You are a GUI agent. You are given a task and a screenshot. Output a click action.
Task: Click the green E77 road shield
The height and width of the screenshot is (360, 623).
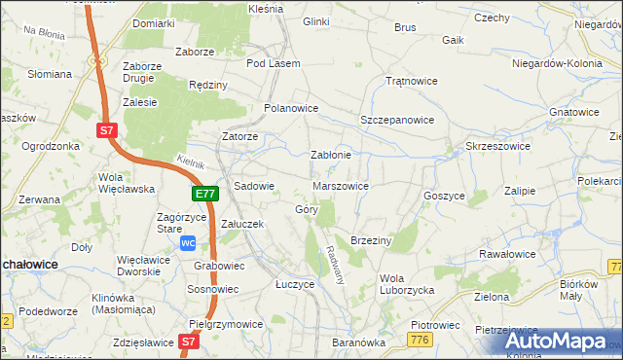tap(204, 195)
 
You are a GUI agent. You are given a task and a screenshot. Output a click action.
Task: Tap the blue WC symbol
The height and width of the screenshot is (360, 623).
tap(189, 242)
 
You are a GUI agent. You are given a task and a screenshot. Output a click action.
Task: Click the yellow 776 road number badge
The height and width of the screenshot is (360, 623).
tap(421, 339)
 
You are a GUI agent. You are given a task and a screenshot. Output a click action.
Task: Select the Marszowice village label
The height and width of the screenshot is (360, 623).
tap(340, 185)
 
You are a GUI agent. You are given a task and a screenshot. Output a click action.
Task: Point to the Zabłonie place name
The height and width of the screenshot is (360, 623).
tap(330, 154)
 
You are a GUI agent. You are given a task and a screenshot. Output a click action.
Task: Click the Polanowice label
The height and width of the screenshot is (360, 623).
tap(292, 108)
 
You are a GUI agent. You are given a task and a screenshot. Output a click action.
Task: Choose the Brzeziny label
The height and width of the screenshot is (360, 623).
tap(370, 239)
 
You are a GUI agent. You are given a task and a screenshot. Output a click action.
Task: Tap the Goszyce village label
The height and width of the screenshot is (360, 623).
tap(444, 195)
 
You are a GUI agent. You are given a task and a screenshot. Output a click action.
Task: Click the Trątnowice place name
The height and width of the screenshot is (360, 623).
tap(407, 81)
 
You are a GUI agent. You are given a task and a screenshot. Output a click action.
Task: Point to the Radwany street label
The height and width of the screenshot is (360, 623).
tap(336, 263)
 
